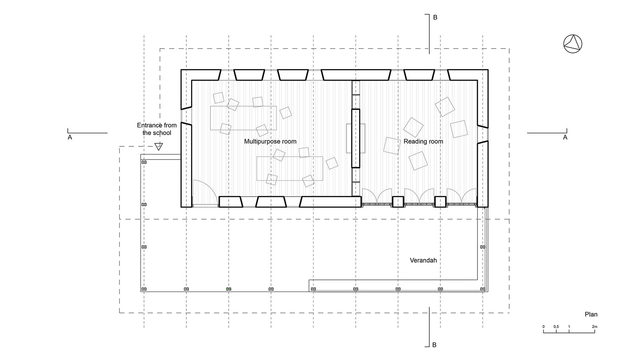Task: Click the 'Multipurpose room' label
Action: pyautogui.click(x=270, y=141)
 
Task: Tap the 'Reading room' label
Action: pyautogui.click(x=423, y=141)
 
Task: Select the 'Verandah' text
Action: pyautogui.click(x=423, y=260)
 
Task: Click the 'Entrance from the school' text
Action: pyautogui.click(x=157, y=129)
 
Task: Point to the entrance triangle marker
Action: pyautogui.click(x=158, y=146)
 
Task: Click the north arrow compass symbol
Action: pyautogui.click(x=573, y=44)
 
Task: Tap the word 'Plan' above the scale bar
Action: pyautogui.click(x=591, y=314)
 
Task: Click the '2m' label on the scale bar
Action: pyautogui.click(x=594, y=327)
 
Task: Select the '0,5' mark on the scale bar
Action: pyautogui.click(x=556, y=327)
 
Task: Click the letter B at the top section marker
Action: pyautogui.click(x=435, y=18)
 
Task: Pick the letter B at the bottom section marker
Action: pyautogui.click(x=434, y=345)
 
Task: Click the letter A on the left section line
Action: pyautogui.click(x=70, y=137)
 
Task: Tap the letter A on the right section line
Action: pyautogui.click(x=565, y=137)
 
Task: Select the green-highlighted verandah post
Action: pyautogui.click(x=229, y=289)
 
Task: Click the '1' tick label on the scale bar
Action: pyautogui.click(x=569, y=327)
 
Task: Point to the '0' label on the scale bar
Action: pyautogui.click(x=544, y=327)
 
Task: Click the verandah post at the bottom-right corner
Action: pyautogui.click(x=483, y=289)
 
